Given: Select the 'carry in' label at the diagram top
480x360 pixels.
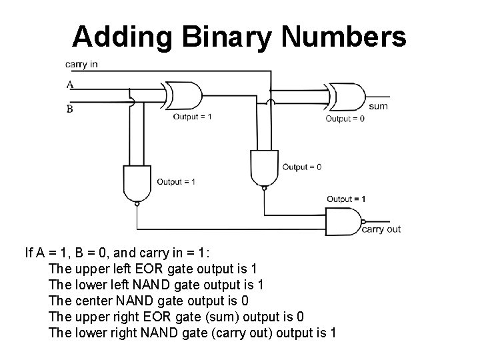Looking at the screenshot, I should (81, 65).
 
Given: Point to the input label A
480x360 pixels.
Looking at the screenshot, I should (69, 85).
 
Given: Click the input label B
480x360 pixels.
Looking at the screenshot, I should (69, 109).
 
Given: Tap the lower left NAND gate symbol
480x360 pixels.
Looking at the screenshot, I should (136, 184).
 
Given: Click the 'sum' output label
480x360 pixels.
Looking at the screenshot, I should (378, 106).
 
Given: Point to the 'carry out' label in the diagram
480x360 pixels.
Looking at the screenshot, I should (381, 229).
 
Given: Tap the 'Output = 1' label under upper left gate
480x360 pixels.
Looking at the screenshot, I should (193, 117).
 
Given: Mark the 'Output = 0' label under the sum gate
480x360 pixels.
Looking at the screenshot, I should (345, 119).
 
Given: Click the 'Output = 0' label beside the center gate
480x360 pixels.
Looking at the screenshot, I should (301, 167).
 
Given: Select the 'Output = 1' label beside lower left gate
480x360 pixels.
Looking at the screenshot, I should (176, 181).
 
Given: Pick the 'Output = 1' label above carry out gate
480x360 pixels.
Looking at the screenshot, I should (346, 199).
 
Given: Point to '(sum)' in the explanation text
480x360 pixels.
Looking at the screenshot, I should (203, 316).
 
